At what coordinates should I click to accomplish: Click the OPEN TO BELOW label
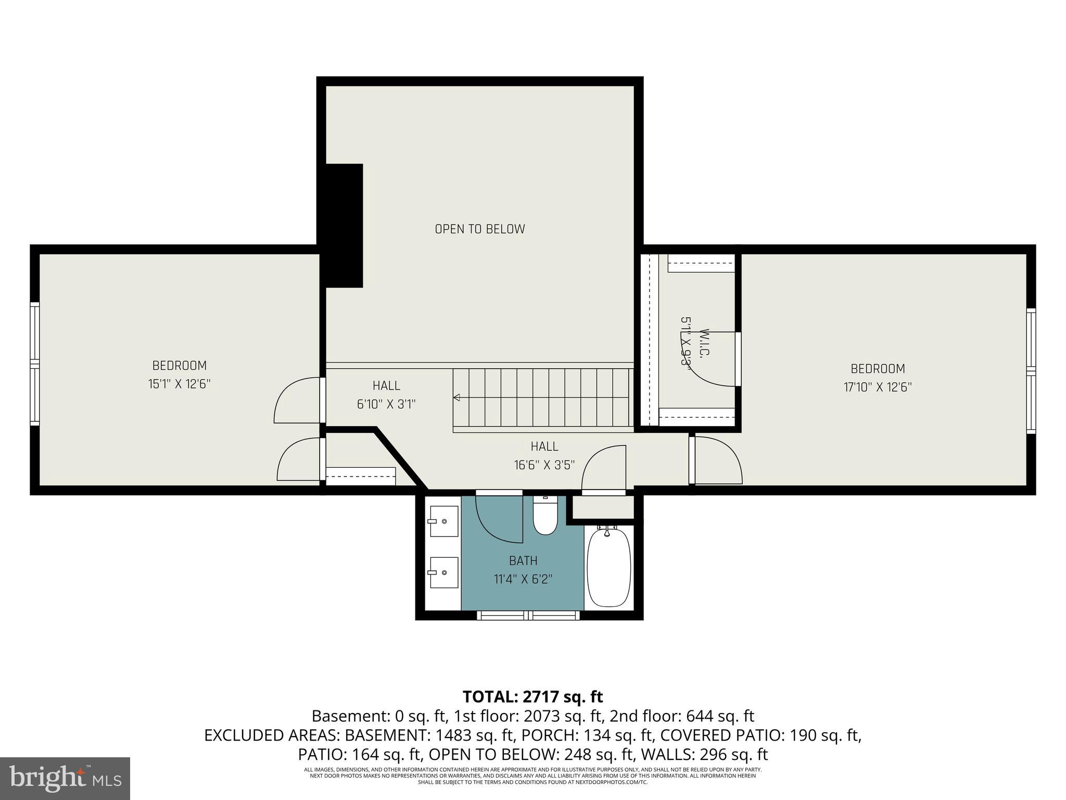point(479,229)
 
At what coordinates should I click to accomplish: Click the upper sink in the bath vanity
point(443,521)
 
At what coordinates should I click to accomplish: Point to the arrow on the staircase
point(457,398)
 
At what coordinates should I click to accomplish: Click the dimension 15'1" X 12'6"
point(179,384)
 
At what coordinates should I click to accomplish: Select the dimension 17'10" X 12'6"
point(878,387)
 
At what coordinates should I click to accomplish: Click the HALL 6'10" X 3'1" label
point(386,395)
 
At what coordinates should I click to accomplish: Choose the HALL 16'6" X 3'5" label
point(544,456)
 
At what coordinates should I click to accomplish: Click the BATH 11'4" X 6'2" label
point(523,570)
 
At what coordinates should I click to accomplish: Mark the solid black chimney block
point(344,225)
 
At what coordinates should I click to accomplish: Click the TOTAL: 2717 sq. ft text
point(532,697)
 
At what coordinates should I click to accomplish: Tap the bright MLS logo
point(65,778)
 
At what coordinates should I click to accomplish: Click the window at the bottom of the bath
point(528,615)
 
